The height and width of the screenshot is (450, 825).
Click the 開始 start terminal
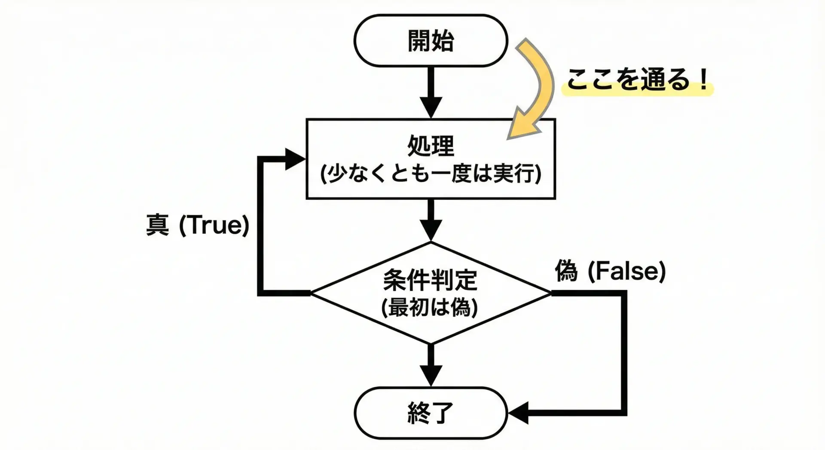tap(431, 41)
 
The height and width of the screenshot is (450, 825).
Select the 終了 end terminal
tap(431, 413)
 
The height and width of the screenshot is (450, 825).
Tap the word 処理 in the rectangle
tap(431, 146)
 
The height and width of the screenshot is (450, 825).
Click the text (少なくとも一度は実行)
tap(431, 174)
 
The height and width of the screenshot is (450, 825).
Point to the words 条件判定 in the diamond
tap(430, 280)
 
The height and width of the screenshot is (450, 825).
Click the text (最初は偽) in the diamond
tap(430, 307)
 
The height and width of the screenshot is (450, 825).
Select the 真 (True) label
tap(198, 225)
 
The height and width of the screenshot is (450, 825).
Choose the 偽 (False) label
tap(610, 271)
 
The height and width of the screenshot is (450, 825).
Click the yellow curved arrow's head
tap(522, 126)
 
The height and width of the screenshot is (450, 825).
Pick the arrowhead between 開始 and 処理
tap(431, 107)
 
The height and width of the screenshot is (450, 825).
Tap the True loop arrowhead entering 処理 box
tap(295, 159)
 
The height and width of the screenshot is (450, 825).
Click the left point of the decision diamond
tap(312, 293)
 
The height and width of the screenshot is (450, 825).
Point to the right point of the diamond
tap(550, 293)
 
